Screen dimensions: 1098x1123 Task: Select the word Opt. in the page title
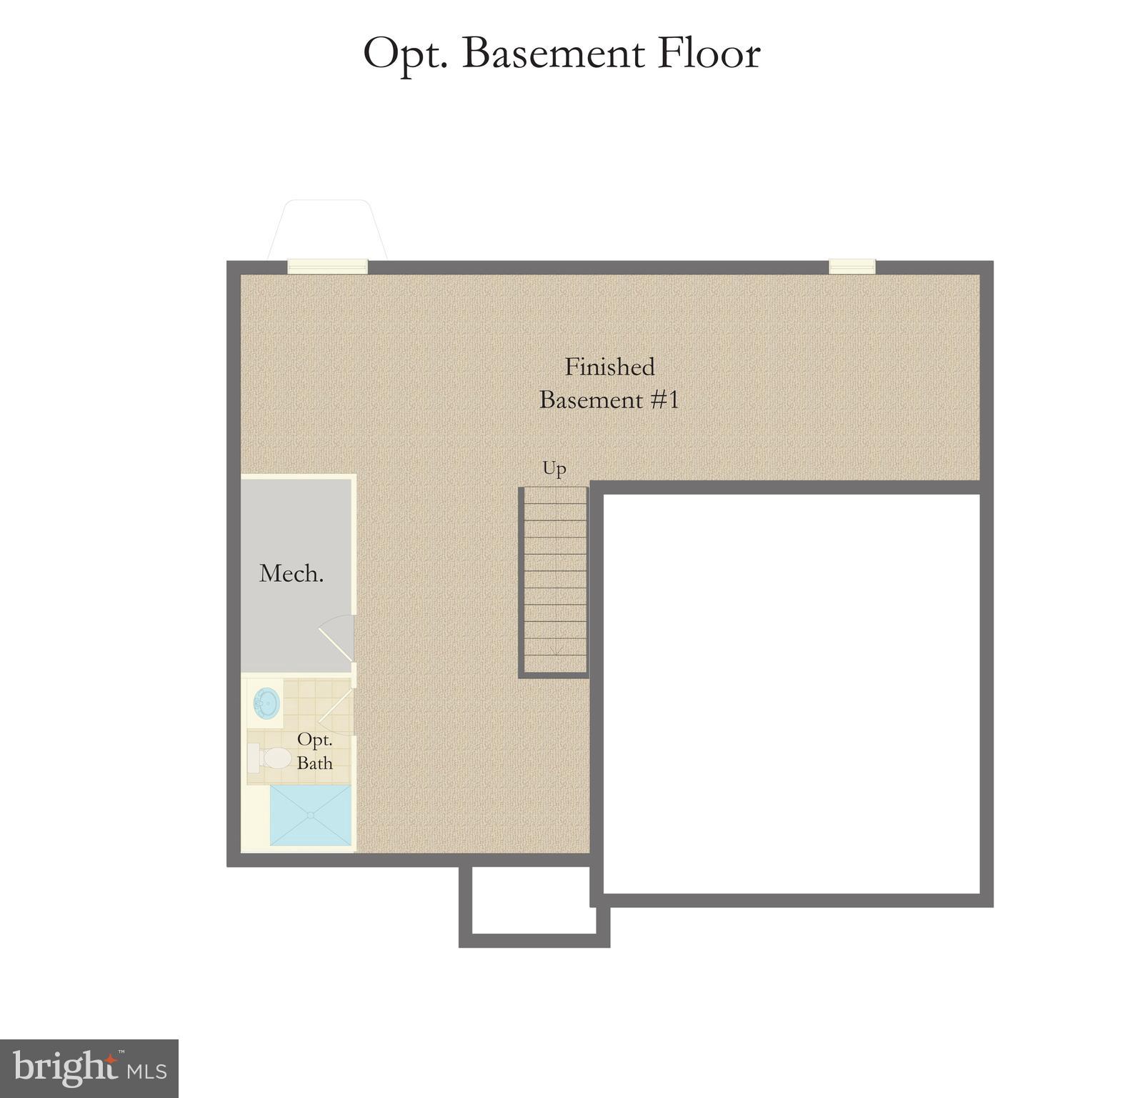(405, 54)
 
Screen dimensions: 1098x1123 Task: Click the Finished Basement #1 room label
(609, 383)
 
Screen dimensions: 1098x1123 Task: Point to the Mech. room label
(291, 573)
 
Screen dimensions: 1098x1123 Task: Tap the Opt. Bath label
(315, 751)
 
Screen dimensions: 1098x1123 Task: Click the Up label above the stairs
(554, 468)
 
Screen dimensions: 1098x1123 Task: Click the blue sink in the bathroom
(266, 702)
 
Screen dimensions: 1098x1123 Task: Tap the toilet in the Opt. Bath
(269, 758)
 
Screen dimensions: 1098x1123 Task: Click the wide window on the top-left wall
(327, 267)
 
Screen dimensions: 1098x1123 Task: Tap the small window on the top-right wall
(852, 267)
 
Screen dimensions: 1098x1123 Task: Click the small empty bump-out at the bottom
(534, 902)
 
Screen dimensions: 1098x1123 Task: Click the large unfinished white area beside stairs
(792, 693)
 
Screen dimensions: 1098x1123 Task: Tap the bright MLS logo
(89, 1069)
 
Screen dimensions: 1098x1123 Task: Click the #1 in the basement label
(664, 400)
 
